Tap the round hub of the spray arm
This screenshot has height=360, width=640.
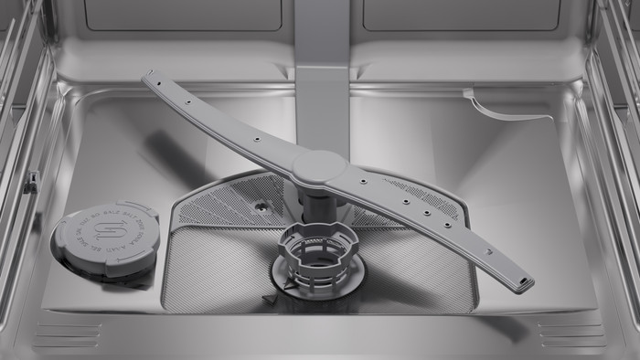click(318, 166)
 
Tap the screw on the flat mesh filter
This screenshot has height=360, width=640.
click(262, 207)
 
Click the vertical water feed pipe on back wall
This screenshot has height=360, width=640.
click(322, 55)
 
